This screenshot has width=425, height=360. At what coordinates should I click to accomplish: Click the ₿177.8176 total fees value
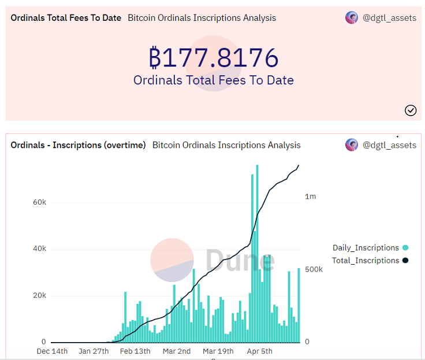214,58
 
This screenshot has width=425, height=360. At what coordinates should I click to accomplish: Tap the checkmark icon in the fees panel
411,110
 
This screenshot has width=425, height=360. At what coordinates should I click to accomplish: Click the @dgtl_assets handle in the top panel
389,18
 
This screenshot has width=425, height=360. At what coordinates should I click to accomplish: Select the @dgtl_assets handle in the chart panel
389,145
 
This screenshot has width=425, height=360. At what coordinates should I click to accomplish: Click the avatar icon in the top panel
352,18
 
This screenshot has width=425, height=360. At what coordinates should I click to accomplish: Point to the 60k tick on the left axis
39,203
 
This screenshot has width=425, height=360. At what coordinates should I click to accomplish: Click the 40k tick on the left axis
39,249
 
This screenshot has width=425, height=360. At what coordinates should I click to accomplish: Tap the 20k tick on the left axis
39,295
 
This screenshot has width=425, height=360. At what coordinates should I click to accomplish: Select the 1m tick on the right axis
310,196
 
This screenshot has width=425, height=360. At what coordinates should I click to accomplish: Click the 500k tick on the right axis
315,270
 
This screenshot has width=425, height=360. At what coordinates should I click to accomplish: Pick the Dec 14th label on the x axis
52,351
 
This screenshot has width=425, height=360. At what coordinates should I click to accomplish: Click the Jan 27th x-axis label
94,351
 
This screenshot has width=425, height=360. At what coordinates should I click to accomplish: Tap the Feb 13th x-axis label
135,351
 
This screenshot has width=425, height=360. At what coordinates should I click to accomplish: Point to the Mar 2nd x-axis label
176,351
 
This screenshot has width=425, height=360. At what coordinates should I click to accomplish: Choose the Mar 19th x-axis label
218,351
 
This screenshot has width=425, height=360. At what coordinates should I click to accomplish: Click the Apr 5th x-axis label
259,351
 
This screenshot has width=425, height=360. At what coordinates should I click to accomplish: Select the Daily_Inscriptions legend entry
366,248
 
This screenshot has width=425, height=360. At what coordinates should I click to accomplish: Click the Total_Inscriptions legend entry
366,261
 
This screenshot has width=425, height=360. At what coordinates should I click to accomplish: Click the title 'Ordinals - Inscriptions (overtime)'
79,145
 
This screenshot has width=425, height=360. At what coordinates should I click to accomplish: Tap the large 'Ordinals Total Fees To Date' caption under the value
214,80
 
